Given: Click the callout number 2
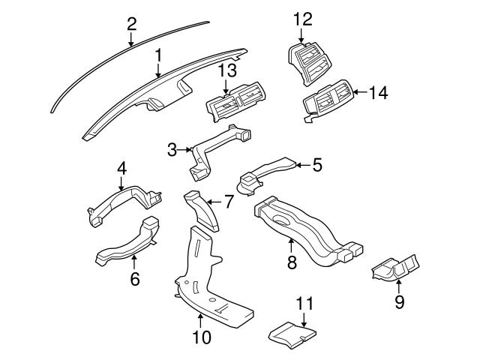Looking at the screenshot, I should tap(131, 22).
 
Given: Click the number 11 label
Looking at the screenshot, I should tap(303, 304).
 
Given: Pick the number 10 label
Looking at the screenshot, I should tap(201, 337).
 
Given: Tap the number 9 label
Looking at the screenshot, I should tap(399, 301).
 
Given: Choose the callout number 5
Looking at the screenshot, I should tap(316, 163).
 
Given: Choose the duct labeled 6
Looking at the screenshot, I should tap(127, 244).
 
